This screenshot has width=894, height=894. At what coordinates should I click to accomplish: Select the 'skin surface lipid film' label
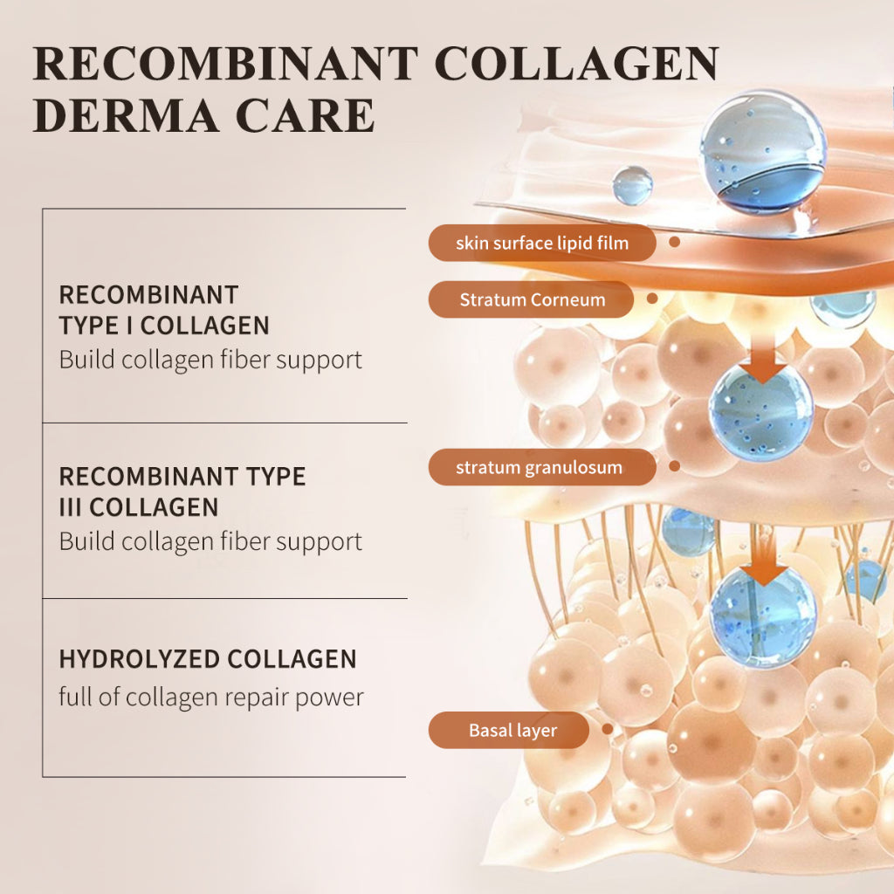(541, 243)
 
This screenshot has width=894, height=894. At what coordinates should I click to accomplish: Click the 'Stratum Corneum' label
(531, 299)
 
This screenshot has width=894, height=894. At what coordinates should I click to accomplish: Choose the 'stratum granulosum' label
(540, 467)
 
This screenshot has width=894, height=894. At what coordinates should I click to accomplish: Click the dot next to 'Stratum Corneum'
(651, 299)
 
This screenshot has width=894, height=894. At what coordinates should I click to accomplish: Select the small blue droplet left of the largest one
(632, 185)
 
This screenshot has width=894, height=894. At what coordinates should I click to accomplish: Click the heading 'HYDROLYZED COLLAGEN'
(208, 658)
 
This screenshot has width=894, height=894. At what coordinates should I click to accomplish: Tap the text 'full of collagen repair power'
(211, 697)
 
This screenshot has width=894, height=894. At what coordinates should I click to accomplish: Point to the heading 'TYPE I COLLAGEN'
(164, 326)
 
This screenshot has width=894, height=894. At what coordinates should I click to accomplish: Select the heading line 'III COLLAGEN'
(139, 506)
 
